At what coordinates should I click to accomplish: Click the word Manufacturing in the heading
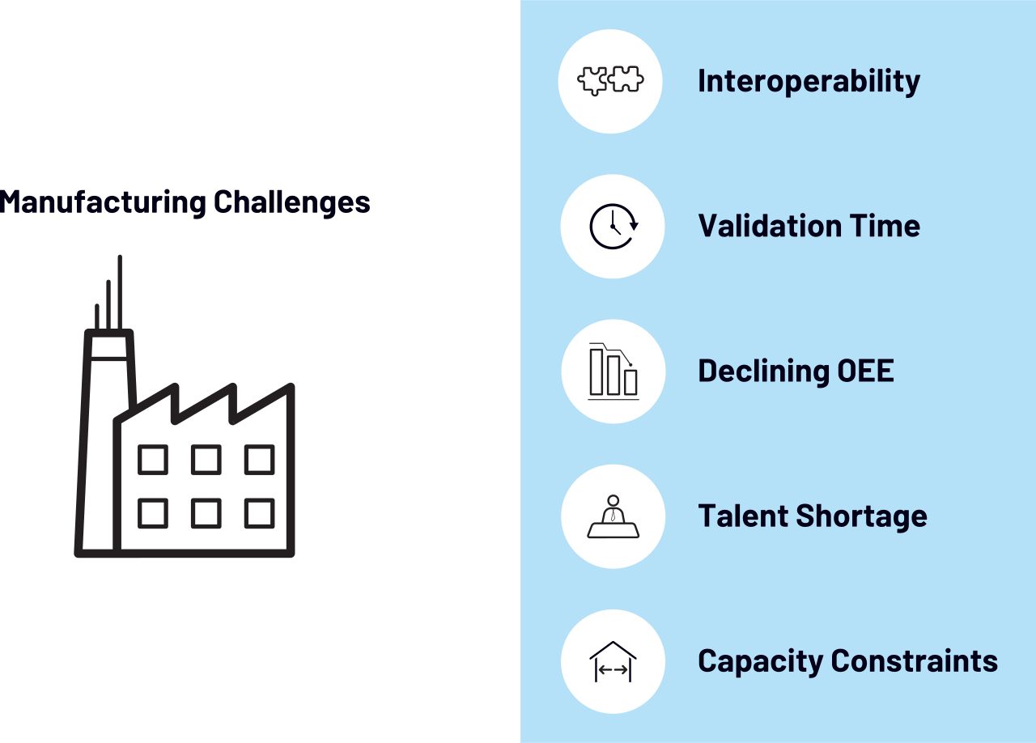point(103,202)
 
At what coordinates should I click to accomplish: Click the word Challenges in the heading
point(292,202)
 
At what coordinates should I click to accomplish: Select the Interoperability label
point(809,82)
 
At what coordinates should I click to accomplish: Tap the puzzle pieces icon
point(610,81)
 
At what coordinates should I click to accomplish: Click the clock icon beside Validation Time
point(614,227)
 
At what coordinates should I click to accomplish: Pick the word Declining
point(763,371)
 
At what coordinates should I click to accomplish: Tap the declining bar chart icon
point(614,371)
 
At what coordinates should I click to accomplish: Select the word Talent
point(743,516)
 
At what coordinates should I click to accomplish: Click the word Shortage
point(861,516)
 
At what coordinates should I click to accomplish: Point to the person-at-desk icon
point(614,516)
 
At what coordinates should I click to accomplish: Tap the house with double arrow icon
point(613,661)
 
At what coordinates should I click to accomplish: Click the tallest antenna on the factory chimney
point(120,292)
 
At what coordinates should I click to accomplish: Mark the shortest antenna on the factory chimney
point(96,317)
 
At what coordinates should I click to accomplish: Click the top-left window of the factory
point(153,460)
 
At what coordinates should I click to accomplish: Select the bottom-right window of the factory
point(260,513)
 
